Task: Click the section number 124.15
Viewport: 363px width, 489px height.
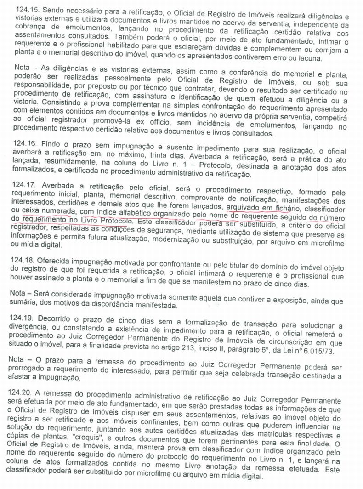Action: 27,9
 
